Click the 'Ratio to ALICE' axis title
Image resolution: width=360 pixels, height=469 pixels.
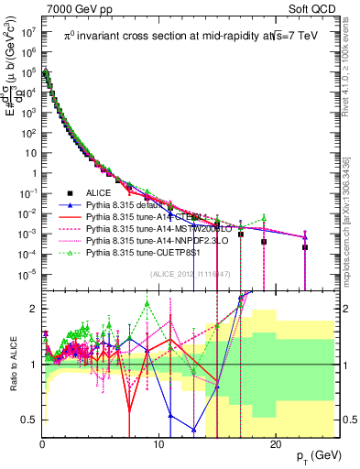(11, 365)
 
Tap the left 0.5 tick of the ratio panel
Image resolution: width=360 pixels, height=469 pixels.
(29, 420)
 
